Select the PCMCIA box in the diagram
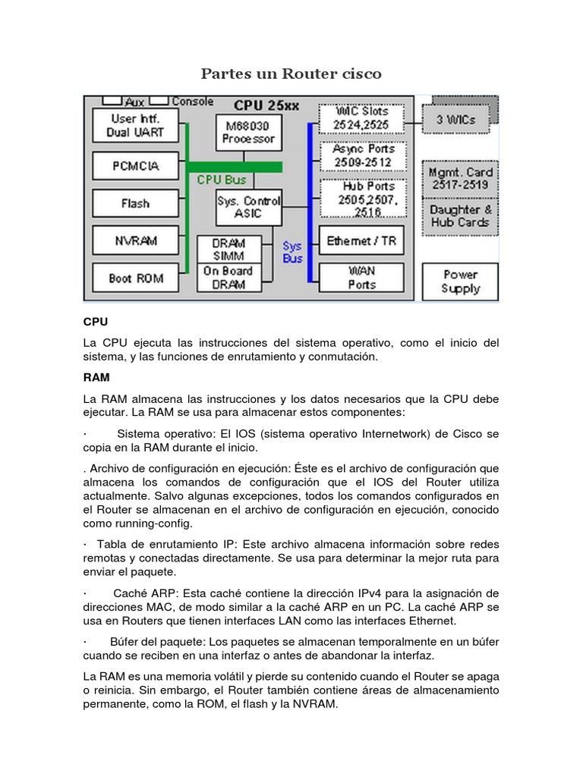coord(135,165)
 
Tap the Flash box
coord(135,203)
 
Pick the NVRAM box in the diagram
coord(135,241)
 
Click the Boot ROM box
coord(135,278)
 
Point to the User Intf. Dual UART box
coord(135,125)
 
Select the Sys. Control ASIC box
coord(248,207)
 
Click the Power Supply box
coord(461,282)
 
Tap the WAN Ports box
coord(361,278)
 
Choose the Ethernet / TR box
coord(361,241)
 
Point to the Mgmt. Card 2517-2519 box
coord(460,178)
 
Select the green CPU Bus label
coord(221,180)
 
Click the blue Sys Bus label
coord(292,252)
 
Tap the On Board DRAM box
coord(228,278)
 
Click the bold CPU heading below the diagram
coord(96,322)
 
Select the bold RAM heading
coord(96,376)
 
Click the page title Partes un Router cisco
coord(291,74)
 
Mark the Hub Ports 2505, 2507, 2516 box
coord(361,199)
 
